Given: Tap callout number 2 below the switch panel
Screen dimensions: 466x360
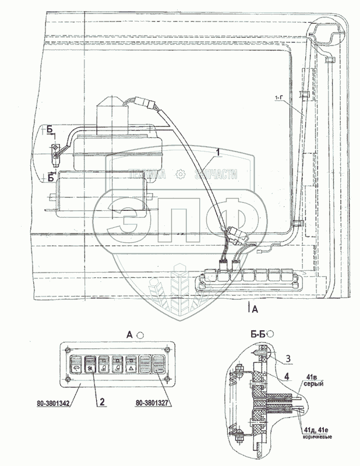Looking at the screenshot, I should (103, 401).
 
